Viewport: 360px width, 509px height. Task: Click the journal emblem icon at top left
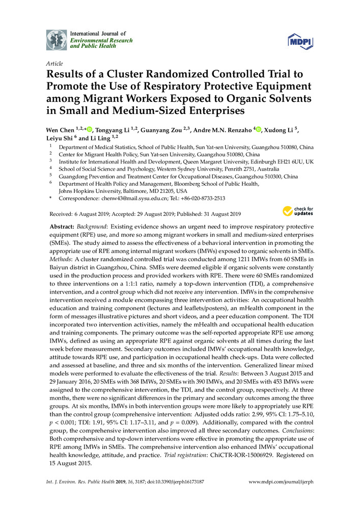click(x=56, y=40)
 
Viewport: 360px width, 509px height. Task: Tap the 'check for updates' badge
click(x=298, y=211)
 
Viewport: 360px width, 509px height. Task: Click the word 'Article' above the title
click(x=54, y=64)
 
